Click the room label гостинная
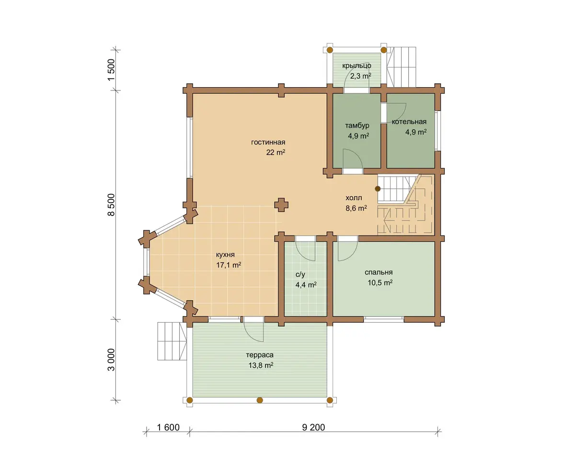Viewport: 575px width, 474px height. (x=268, y=142)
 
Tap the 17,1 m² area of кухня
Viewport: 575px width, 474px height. (x=229, y=265)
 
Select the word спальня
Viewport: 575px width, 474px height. (x=379, y=272)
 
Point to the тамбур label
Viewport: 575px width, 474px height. (x=357, y=125)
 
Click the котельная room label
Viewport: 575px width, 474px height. (x=409, y=122)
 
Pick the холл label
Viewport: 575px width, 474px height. (x=354, y=198)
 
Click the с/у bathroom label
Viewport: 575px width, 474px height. (x=300, y=274)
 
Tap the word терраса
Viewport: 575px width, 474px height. (x=260, y=355)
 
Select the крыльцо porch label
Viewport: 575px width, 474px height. (x=356, y=66)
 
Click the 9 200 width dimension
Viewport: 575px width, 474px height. (x=313, y=427)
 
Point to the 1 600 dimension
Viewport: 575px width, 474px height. (x=168, y=427)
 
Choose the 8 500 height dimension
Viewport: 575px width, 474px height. (x=111, y=204)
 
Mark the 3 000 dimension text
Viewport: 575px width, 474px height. (x=111, y=360)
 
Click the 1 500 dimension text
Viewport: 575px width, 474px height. (x=111, y=69)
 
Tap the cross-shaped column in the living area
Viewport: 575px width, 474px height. (x=281, y=205)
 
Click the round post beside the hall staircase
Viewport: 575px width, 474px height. (x=378, y=189)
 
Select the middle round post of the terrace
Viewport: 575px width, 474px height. (x=260, y=400)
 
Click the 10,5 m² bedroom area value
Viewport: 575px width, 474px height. (x=380, y=282)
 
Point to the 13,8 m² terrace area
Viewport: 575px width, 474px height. (x=261, y=365)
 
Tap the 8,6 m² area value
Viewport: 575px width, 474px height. (x=356, y=208)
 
